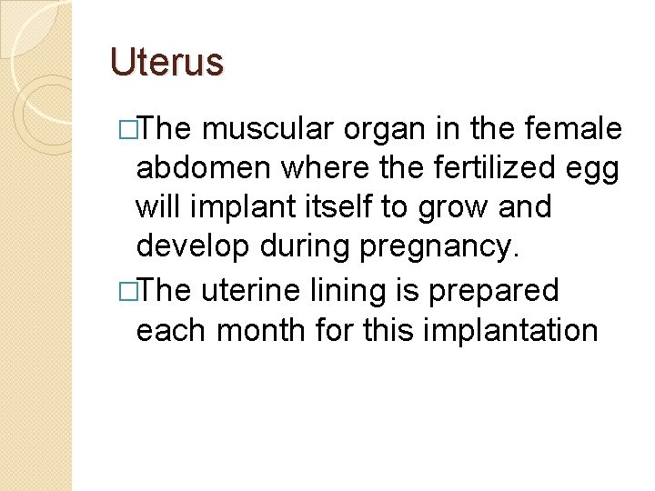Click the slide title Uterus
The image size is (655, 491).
click(166, 62)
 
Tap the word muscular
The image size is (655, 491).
click(267, 130)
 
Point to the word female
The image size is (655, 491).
click(574, 130)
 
